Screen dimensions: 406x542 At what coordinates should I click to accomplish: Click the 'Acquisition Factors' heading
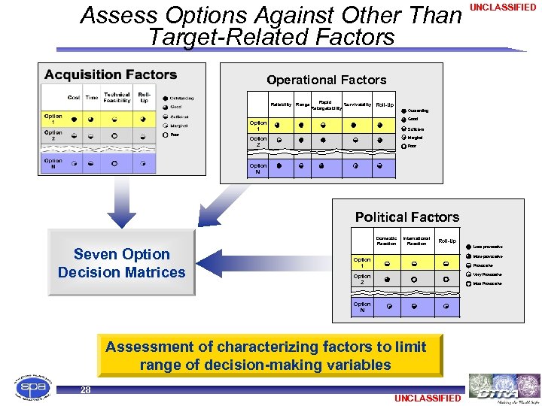tap(111, 74)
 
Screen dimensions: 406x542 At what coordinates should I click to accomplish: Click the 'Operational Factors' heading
tap(326, 80)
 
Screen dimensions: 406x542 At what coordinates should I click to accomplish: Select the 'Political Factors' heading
tap(406, 217)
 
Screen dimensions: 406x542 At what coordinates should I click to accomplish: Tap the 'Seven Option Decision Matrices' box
tap(121, 262)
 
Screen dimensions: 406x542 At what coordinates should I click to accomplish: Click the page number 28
tap(85, 389)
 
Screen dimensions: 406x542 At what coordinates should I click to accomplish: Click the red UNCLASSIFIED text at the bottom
tap(426, 398)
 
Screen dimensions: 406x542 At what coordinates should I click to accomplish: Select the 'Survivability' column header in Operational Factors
tap(357, 105)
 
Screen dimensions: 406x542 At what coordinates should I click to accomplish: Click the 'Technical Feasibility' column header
tap(117, 98)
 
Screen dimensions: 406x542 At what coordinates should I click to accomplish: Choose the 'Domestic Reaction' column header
tap(386, 241)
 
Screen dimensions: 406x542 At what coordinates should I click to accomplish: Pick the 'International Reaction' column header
tap(416, 241)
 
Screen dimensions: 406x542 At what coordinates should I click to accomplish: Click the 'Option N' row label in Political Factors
tap(362, 308)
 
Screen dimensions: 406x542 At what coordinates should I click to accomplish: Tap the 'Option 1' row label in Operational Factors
tap(258, 126)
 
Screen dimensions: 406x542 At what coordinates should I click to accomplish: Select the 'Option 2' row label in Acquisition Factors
tap(53, 136)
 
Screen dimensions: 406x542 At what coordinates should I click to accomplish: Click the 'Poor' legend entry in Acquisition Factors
tap(175, 135)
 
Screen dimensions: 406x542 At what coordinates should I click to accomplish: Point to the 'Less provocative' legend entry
tap(488, 247)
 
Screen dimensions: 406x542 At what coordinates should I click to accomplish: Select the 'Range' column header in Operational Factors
tap(303, 105)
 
